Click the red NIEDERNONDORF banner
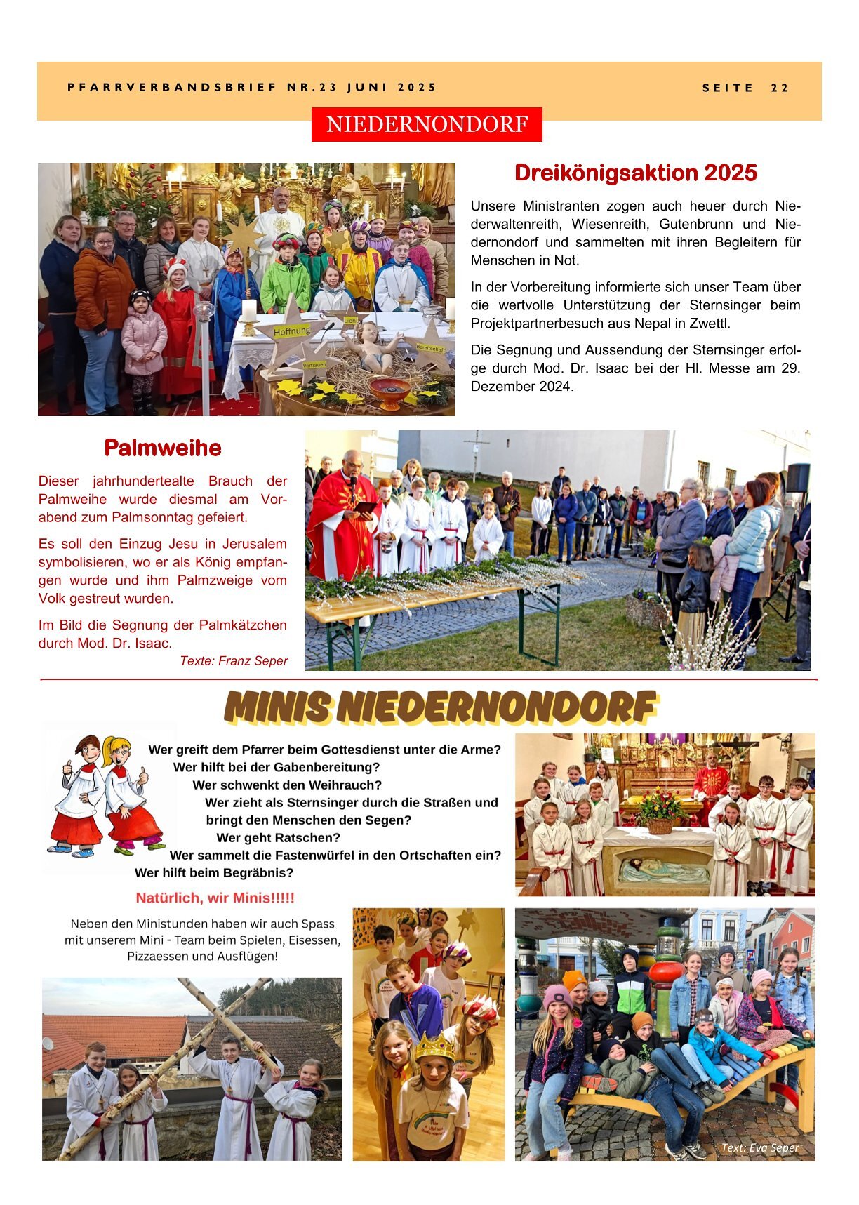(427, 124)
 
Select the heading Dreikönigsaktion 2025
(636, 173)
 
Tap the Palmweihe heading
(163, 448)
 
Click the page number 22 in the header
(780, 88)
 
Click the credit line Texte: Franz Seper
(234, 660)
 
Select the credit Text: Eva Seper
(760, 1148)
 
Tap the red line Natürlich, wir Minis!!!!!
(215, 898)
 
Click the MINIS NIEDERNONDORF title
(440, 707)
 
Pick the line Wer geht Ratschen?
(278, 837)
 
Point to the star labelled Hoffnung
(291, 331)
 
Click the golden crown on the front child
(435, 1046)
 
